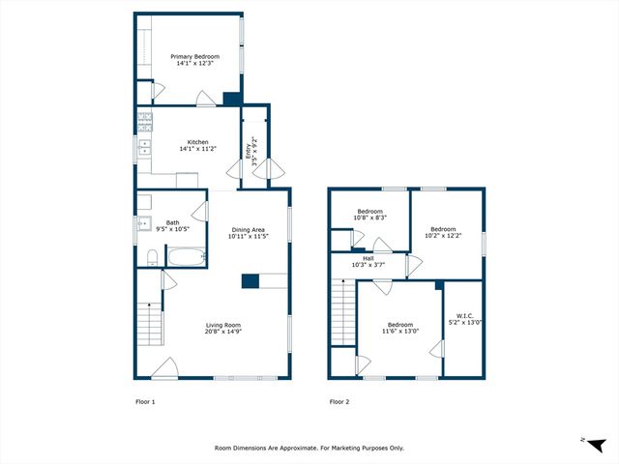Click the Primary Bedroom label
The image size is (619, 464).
[195, 57]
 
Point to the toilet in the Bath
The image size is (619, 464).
[152, 256]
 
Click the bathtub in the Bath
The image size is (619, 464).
[186, 258]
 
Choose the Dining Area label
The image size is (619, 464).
[248, 229]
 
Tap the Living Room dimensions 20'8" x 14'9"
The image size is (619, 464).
[222, 332]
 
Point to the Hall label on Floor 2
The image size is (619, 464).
[368, 258]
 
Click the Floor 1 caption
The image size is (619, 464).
[144, 401]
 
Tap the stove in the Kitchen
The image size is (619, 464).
[144, 122]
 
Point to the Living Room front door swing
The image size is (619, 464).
[164, 368]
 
